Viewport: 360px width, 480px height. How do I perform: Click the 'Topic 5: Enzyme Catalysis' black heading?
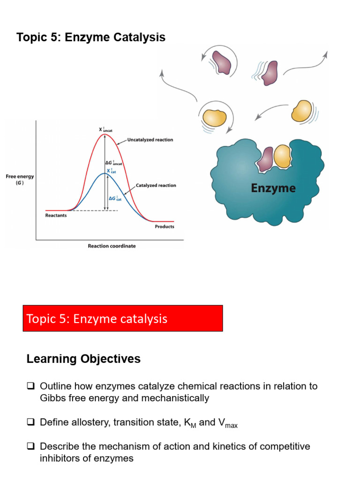tap(91, 37)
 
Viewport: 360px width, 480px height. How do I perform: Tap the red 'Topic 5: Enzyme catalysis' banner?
tap(123, 319)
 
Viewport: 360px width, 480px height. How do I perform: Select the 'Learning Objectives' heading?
tap(83, 359)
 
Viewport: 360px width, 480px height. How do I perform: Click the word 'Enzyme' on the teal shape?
tap(273, 188)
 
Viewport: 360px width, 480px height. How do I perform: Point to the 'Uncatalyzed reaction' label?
tap(150, 140)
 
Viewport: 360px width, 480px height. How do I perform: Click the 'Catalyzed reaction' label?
tap(156, 186)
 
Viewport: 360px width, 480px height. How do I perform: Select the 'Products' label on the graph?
tap(164, 227)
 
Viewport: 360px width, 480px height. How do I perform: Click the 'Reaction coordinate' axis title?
tap(112, 246)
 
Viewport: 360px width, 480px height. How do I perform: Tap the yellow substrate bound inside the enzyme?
tap(282, 156)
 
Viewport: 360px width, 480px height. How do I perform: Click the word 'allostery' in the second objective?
tap(90, 422)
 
